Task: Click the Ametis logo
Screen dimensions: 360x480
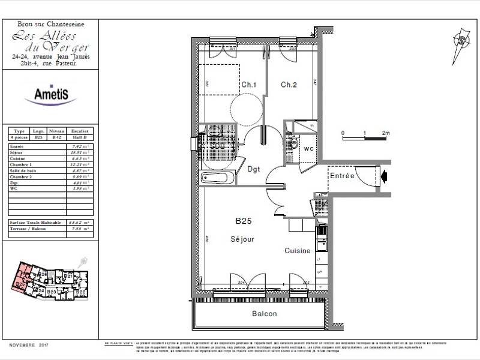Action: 50,94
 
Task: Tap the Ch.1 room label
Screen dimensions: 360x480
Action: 249,85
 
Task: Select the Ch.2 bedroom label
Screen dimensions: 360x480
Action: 289,85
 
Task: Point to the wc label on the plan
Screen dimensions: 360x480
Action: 309,148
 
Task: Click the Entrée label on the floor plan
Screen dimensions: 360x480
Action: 342,175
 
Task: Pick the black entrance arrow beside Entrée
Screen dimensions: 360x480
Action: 385,176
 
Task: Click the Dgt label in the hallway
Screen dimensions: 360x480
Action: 254,169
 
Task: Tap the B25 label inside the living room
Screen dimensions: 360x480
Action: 243,221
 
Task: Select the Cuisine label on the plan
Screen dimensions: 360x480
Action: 298,251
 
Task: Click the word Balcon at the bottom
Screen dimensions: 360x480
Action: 264,314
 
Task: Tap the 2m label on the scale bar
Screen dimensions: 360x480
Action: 386,133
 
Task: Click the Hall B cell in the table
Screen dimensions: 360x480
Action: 83,137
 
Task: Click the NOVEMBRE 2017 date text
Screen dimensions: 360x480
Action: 28,345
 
